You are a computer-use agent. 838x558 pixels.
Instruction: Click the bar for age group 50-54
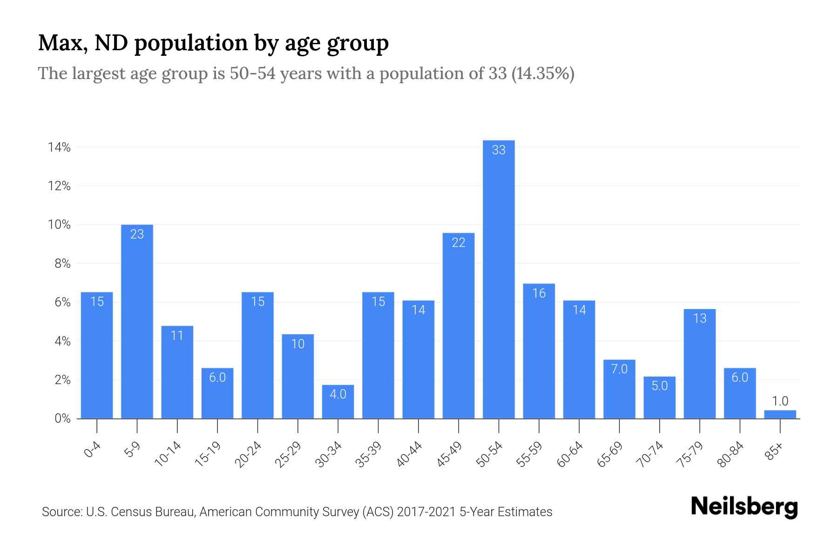(499, 279)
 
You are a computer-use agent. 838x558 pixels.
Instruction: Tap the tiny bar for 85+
(780, 414)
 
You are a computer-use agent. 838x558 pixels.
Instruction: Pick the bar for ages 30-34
(338, 402)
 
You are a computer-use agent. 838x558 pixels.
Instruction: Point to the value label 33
(499, 150)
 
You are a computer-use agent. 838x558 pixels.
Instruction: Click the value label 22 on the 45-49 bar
(459, 242)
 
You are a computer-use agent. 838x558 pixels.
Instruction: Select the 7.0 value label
(619, 369)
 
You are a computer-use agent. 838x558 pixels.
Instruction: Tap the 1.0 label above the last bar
(780, 401)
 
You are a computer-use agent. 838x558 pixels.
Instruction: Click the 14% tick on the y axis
(59, 147)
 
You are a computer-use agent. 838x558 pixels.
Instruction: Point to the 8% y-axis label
(62, 264)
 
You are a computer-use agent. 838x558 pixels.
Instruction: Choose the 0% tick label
(62, 418)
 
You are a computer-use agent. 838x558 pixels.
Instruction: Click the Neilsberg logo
(744, 506)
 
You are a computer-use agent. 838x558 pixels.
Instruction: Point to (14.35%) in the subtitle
(542, 73)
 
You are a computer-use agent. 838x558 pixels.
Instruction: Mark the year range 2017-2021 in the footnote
(426, 512)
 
